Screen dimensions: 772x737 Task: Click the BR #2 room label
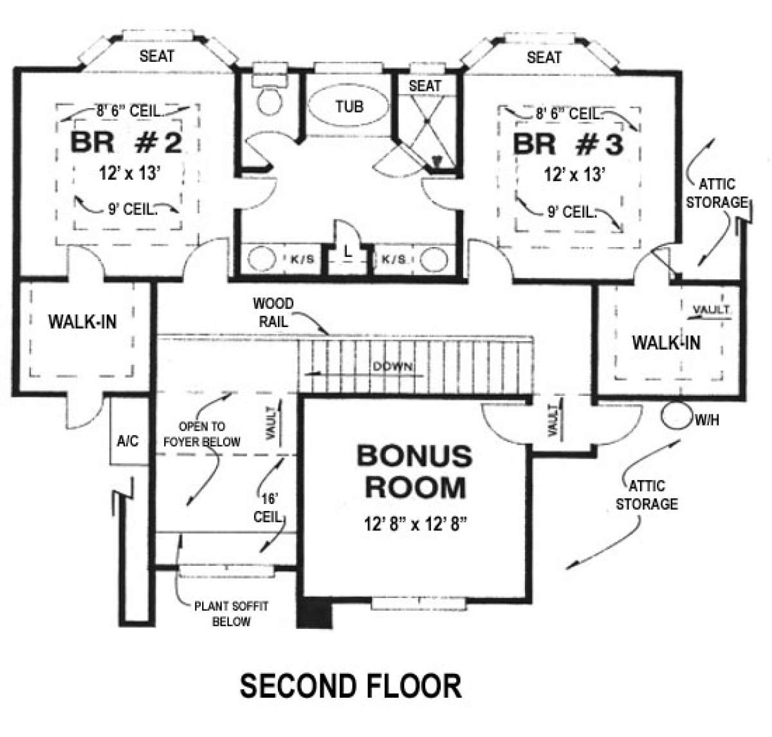(x=126, y=143)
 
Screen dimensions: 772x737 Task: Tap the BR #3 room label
(x=568, y=144)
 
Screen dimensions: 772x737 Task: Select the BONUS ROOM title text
(x=415, y=472)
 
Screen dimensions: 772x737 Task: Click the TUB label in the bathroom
(x=349, y=106)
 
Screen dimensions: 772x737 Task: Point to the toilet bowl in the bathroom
(x=270, y=101)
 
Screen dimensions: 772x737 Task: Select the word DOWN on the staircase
(x=392, y=366)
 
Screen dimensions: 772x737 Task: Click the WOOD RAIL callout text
(x=273, y=313)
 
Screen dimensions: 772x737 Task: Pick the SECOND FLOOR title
(x=351, y=686)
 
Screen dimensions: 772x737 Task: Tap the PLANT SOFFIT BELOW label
(x=232, y=613)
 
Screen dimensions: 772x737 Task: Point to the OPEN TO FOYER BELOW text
(x=201, y=434)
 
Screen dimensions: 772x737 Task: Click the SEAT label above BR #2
(x=157, y=56)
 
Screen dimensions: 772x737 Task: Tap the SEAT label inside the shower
(x=425, y=86)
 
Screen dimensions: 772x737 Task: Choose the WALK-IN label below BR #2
(x=82, y=322)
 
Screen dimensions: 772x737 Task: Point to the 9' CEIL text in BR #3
(x=572, y=212)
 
